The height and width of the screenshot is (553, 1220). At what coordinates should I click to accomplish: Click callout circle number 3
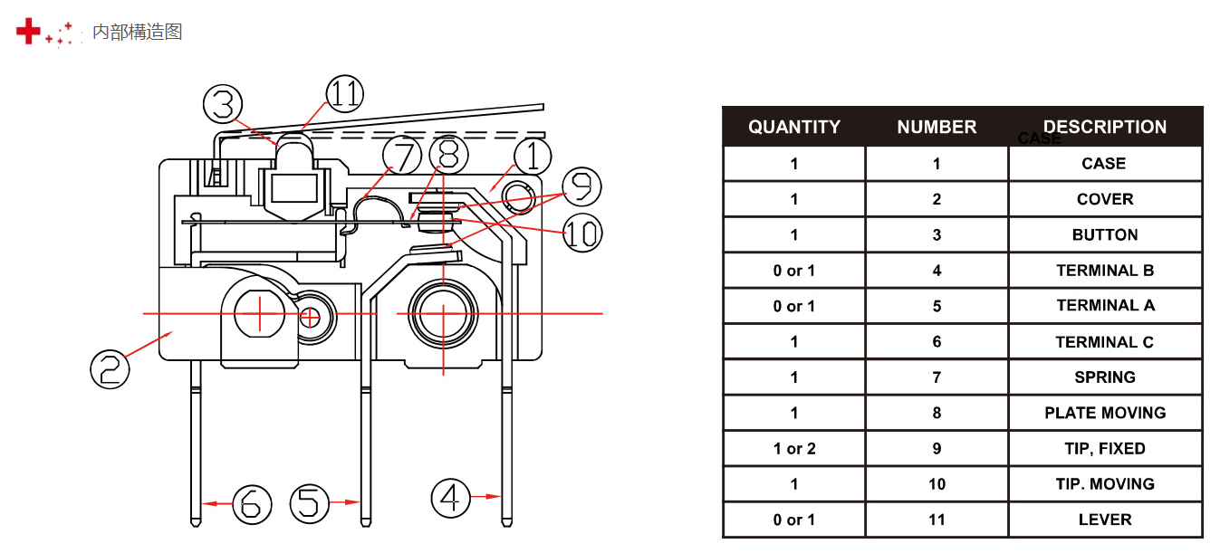[223, 105]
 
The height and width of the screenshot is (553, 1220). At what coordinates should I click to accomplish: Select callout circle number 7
[402, 156]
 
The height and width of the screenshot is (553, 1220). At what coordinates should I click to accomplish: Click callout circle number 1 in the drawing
[533, 157]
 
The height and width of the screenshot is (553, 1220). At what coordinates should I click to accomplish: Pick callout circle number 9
[581, 187]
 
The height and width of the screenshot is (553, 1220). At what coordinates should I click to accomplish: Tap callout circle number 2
[110, 369]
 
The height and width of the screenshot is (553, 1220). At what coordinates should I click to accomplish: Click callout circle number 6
[252, 503]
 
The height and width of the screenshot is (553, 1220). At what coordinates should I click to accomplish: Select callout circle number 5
[309, 502]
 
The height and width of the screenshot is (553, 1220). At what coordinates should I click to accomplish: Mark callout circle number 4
[450, 498]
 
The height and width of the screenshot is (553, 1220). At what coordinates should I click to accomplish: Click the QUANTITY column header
[794, 128]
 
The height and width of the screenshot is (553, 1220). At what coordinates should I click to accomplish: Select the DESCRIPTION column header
[1105, 128]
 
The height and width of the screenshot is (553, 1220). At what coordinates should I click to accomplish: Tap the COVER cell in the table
[1105, 199]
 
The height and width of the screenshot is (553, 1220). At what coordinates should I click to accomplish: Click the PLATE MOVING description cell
[1105, 413]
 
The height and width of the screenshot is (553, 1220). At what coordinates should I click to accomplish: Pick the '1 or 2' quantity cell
[794, 449]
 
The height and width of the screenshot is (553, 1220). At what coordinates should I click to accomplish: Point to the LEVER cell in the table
[1105, 520]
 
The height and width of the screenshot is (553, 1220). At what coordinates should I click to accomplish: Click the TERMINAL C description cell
[1105, 342]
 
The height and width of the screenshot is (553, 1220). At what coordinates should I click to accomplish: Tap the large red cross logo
[29, 32]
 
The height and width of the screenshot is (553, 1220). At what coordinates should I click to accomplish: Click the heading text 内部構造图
[138, 33]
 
